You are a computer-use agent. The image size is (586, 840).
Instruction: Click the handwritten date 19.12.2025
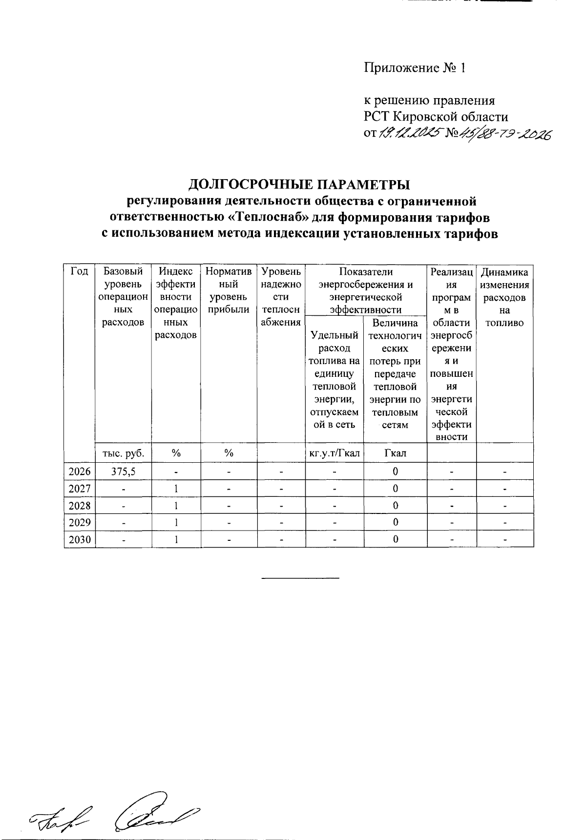point(409,133)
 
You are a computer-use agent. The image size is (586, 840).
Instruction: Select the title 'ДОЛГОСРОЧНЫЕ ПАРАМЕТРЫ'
point(299,185)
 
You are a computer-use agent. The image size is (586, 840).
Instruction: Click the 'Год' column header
point(80,272)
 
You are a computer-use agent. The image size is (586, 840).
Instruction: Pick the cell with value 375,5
point(123,472)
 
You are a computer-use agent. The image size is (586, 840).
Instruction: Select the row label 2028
point(80,506)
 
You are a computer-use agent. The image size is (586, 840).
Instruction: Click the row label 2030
point(80,539)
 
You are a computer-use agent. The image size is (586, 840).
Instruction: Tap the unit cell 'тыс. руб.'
point(123,453)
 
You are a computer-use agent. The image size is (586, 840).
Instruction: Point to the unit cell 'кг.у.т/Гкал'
point(335,453)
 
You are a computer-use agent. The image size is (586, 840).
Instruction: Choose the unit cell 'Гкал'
point(395,453)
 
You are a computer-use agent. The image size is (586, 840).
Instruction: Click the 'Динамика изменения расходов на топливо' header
point(505,297)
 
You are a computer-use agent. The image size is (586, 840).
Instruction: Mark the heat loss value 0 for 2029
point(395,523)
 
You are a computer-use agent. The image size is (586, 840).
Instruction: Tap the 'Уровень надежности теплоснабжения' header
point(281,297)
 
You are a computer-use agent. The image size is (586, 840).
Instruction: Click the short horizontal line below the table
point(300,578)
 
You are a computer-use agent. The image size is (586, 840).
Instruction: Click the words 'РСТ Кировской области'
point(436,117)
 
